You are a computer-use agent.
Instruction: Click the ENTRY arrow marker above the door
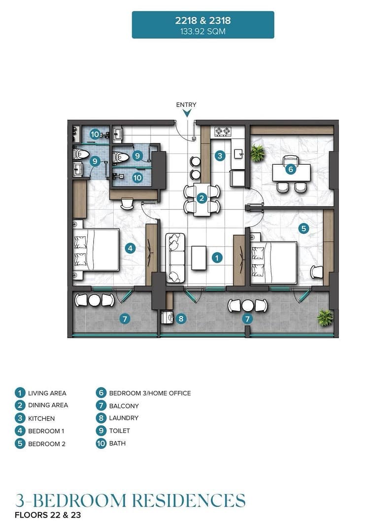coord(187,113)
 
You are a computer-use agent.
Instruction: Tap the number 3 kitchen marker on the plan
coord(220,156)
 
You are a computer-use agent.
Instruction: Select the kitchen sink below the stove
coord(239,154)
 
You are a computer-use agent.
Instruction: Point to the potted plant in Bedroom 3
coord(258,153)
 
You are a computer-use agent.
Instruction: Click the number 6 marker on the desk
coord(291,169)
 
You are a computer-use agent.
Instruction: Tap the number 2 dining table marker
coord(202,198)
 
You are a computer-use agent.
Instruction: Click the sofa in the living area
coord(175,258)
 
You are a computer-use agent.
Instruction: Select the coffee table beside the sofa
coord(199,258)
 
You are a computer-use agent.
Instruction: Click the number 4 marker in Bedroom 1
coord(130,248)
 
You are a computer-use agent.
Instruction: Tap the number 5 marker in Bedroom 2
coord(303,228)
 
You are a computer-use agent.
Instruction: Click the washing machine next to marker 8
coord(167,318)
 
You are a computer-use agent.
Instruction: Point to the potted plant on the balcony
coord(325,318)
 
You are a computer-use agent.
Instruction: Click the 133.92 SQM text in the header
coord(202,32)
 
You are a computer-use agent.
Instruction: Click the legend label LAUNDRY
coord(124,418)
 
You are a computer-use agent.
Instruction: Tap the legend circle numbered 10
coord(101,443)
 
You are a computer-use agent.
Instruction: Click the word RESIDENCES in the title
coord(189,500)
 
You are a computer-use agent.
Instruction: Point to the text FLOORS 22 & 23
coord(48,515)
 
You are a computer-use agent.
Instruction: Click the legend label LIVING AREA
coord(47,393)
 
